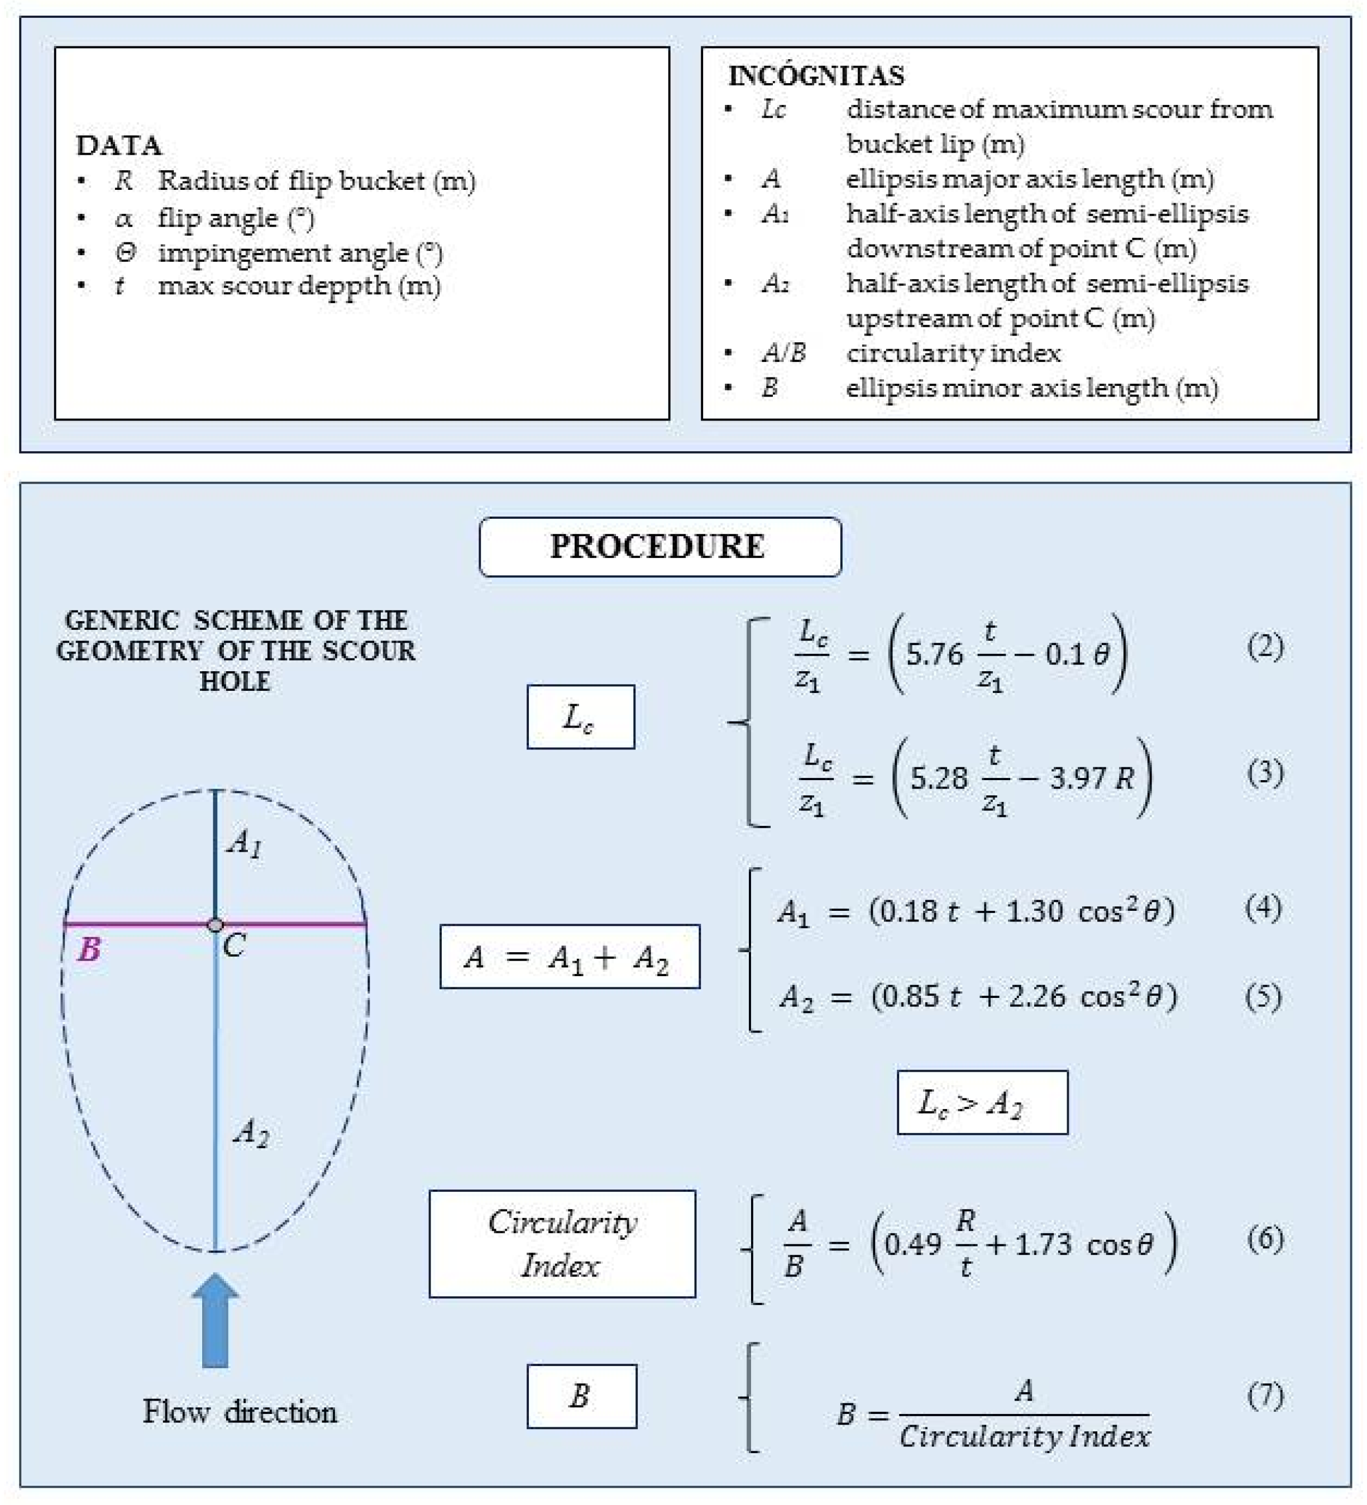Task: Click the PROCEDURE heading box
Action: [x=659, y=547]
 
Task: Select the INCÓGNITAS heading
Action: [x=815, y=75]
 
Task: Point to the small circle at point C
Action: [x=215, y=925]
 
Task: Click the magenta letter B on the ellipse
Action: [x=89, y=949]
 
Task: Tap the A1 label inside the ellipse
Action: [x=245, y=844]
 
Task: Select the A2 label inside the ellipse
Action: [x=251, y=1133]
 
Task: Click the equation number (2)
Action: [x=1265, y=647]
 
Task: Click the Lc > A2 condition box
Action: [x=982, y=1102]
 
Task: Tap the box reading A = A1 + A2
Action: [x=569, y=956]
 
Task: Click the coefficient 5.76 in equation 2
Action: [x=934, y=654]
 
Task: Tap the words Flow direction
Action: [x=240, y=1412]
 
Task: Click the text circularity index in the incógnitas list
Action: [x=953, y=352]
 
